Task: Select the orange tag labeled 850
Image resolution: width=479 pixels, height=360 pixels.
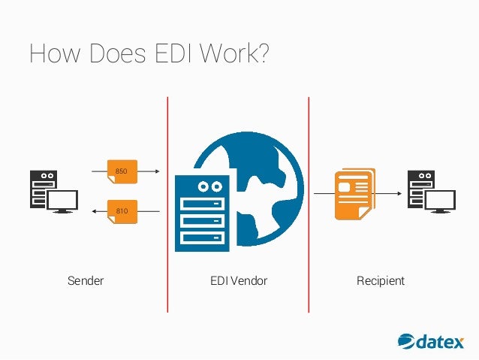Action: coord(121,172)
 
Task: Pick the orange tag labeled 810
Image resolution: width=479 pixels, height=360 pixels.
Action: coord(121,211)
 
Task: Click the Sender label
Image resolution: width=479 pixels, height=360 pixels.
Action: coord(86,281)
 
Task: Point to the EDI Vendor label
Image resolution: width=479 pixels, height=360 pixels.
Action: coord(239,281)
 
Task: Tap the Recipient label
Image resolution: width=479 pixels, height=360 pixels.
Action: coord(381,281)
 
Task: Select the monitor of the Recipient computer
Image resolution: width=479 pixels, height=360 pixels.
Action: coord(440,199)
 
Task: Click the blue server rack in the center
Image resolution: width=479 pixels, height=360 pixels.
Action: coord(201,213)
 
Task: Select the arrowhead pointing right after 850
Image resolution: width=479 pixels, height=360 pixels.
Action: coord(157,172)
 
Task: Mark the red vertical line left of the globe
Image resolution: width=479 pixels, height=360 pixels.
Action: coord(167,203)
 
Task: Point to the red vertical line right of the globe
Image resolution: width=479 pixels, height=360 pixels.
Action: coord(309,203)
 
